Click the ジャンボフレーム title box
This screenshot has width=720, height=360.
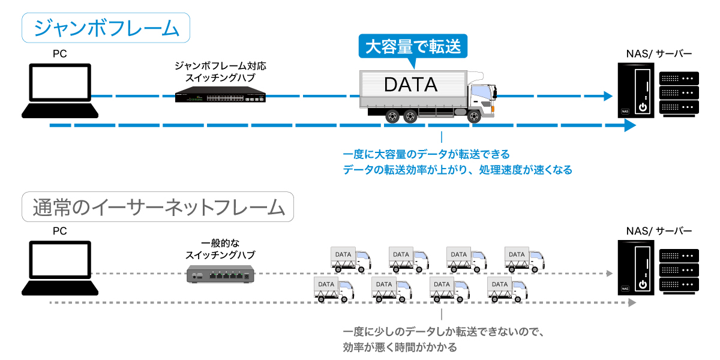[x=106, y=28]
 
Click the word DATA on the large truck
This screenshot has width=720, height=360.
[x=411, y=85]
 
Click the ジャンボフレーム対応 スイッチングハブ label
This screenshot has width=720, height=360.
[x=220, y=71]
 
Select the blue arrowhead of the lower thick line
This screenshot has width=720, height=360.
[x=629, y=125]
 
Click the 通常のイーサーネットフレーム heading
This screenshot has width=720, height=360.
[x=158, y=207]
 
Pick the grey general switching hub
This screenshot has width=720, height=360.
[x=220, y=275]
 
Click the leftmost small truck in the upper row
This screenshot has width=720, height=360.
[x=350, y=259]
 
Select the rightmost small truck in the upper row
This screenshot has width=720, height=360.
[x=524, y=259]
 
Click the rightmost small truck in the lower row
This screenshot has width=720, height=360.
[x=508, y=289]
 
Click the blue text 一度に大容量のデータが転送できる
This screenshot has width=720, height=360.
[x=426, y=155]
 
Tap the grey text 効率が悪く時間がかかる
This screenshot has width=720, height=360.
[x=400, y=347]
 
